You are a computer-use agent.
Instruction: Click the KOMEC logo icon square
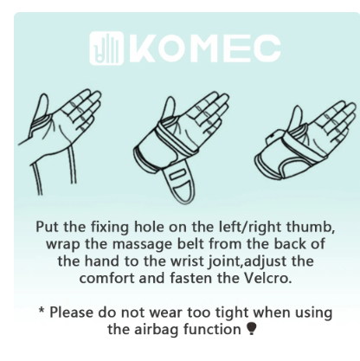click(x=106, y=48)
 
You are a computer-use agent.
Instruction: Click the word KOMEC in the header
click(x=205, y=48)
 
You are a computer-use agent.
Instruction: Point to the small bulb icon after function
click(x=252, y=328)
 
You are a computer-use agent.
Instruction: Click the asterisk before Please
click(x=42, y=311)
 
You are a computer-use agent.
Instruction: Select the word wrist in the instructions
click(x=188, y=261)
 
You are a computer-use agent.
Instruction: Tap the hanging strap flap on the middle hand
click(x=179, y=181)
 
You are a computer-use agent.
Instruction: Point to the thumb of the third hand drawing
click(x=298, y=118)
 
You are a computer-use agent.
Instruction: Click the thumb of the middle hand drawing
click(x=169, y=108)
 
